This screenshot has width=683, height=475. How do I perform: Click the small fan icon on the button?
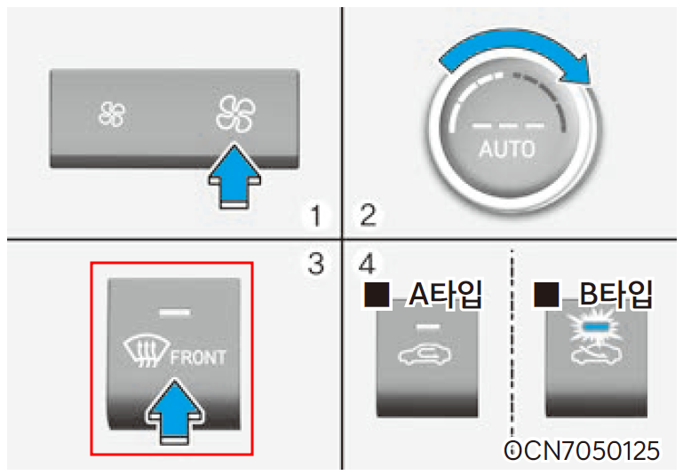click(112, 113)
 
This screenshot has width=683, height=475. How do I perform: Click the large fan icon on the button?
click(235, 114)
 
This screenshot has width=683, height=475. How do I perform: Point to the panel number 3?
click(315, 262)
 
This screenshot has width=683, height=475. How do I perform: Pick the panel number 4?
click(366, 262)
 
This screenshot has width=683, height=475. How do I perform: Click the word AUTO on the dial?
click(506, 148)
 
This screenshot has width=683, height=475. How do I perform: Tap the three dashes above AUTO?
click(506, 122)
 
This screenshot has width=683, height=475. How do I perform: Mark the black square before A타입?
click(377, 296)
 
